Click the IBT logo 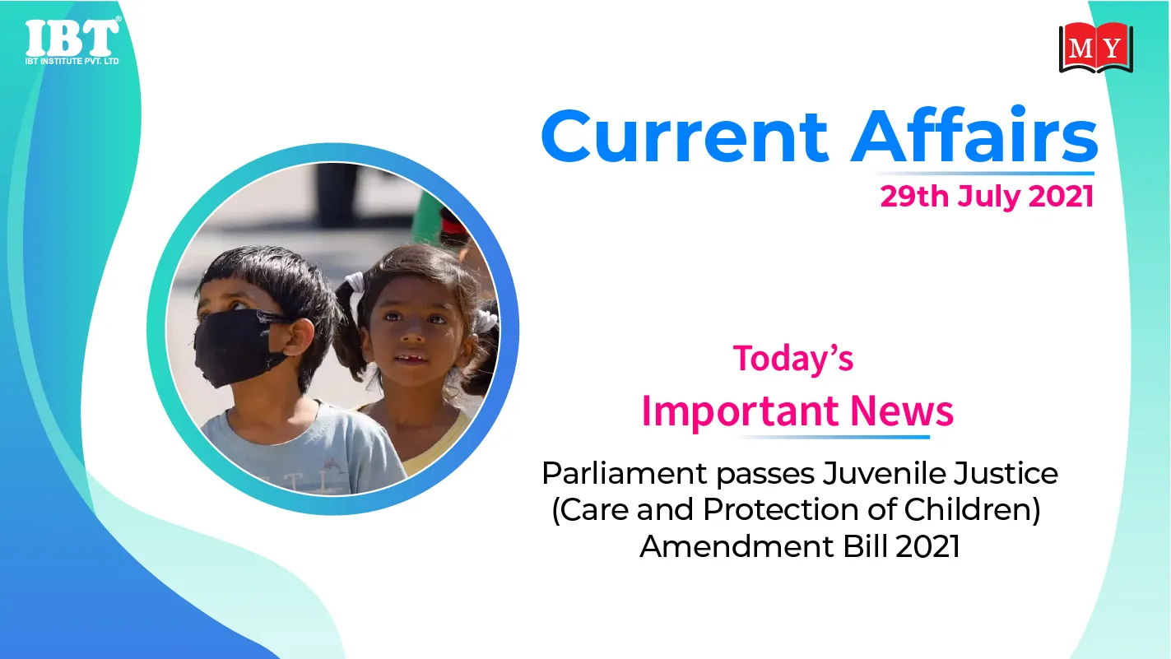72,41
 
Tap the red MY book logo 1096,48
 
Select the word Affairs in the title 974,135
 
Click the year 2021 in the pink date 1062,197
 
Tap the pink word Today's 793,359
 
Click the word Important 741,412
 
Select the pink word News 902,411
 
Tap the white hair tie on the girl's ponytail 355,284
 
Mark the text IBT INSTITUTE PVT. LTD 72,61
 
